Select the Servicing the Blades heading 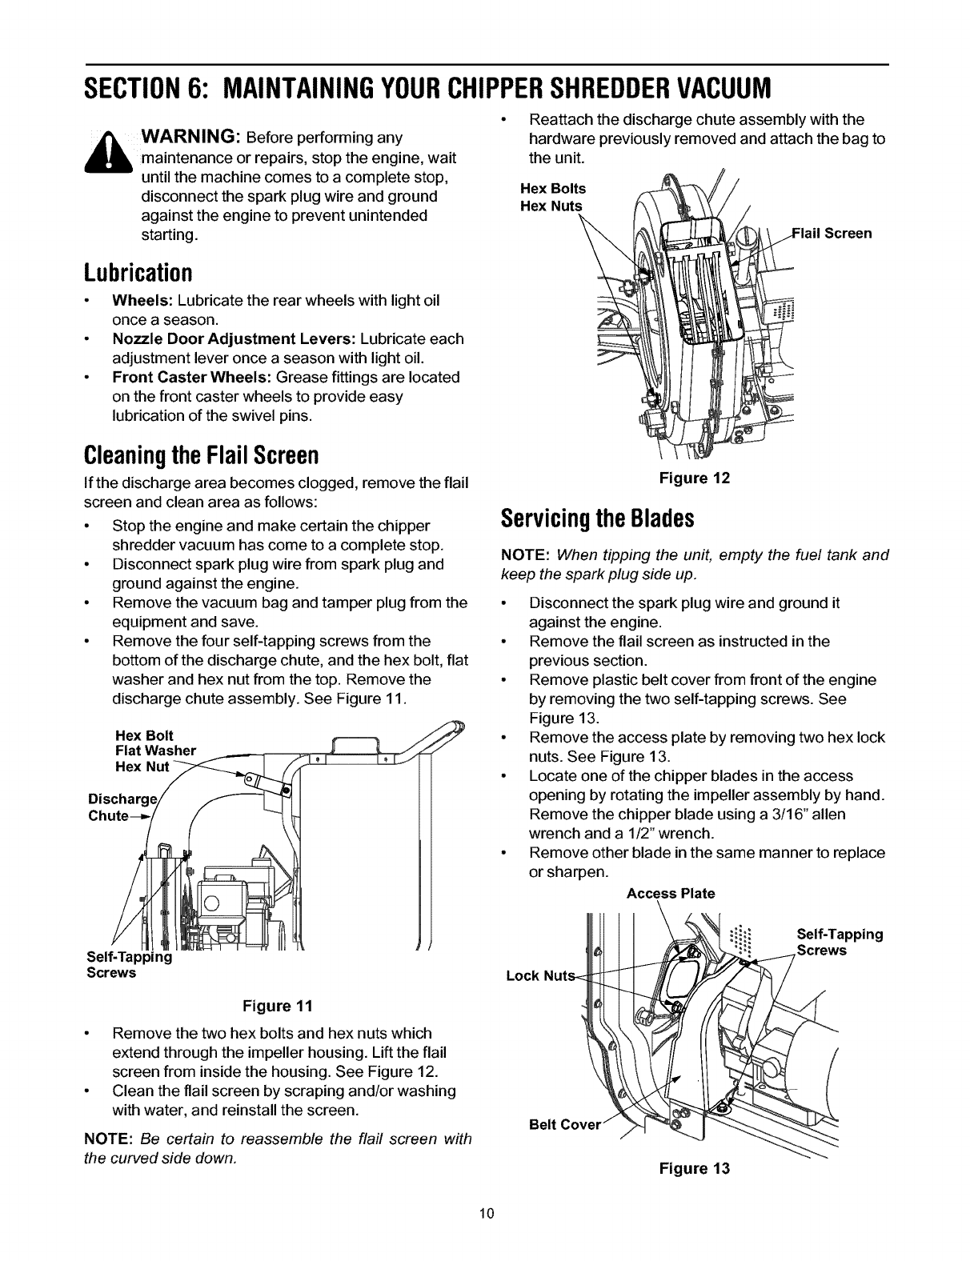[597, 518]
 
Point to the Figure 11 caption [285, 1004]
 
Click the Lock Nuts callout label [535, 975]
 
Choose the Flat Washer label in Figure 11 [155, 751]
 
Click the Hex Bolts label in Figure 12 [553, 189]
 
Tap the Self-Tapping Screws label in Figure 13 [840, 942]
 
